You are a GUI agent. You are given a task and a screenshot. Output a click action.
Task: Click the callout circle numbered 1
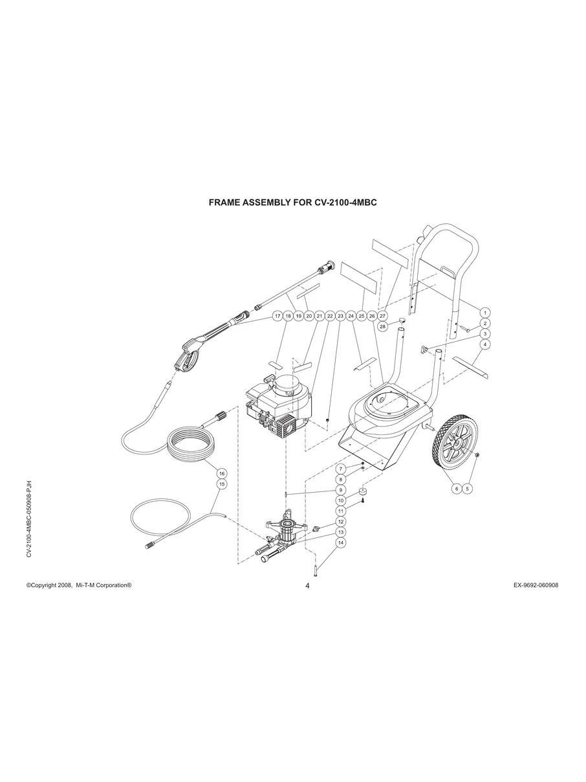pos(485,313)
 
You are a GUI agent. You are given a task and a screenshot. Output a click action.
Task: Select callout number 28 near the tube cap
pos(382,327)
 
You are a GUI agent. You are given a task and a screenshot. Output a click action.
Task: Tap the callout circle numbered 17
pos(277,316)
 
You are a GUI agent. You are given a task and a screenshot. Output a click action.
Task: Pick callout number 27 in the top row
pos(382,316)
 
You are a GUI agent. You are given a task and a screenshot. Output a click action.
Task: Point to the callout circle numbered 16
pos(221,473)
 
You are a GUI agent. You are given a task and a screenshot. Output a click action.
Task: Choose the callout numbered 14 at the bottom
pos(340,542)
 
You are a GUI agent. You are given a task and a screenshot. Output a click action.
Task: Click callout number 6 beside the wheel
pos(457,489)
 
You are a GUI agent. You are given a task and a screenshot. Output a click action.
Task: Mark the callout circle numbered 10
pos(340,500)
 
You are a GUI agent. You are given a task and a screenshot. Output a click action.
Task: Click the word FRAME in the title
pos(223,203)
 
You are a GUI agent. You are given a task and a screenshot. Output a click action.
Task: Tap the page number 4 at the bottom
pos(307,586)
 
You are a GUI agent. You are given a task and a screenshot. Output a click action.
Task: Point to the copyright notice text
pos(79,585)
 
